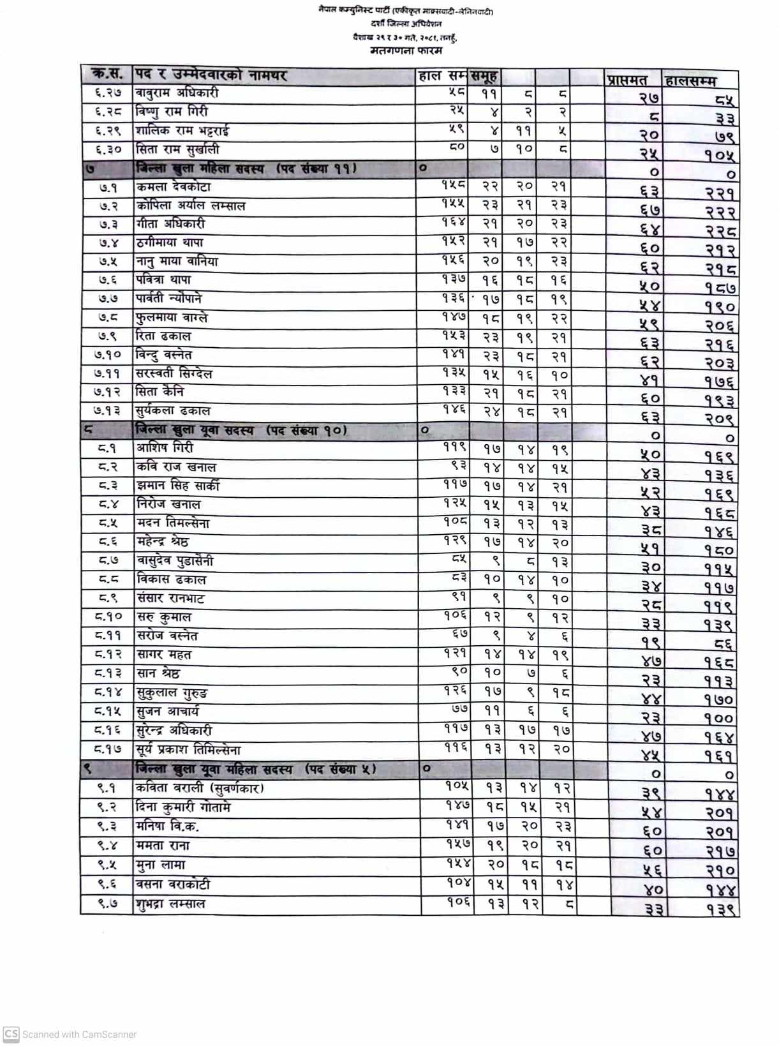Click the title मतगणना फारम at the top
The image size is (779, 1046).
pyautogui.click(x=405, y=50)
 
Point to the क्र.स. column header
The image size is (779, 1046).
pyautogui.click(x=107, y=75)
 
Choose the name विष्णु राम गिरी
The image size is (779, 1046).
pyautogui.click(x=171, y=112)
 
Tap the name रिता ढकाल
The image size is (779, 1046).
pyautogui.click(x=163, y=336)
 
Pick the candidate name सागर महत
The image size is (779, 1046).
pyautogui.click(x=163, y=654)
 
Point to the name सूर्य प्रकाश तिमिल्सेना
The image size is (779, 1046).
pyautogui.click(x=188, y=749)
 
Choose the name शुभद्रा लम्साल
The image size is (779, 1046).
pyautogui.click(x=170, y=904)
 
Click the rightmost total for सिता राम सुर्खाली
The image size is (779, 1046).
pyautogui.click(x=720, y=155)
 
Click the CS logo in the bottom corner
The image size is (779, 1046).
pyautogui.click(x=11, y=1034)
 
